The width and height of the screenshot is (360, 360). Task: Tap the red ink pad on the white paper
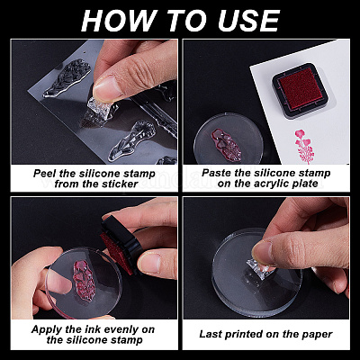[301, 90]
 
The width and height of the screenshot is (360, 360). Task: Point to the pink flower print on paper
[303, 146]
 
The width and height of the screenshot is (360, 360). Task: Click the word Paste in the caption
[214, 173]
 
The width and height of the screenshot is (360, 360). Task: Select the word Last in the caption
[210, 334]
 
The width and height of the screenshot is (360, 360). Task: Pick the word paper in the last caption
[317, 335]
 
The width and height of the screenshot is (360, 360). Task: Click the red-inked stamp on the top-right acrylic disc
[227, 146]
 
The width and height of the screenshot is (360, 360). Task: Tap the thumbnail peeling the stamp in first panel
[105, 88]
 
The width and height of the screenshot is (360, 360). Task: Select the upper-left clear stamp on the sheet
[67, 78]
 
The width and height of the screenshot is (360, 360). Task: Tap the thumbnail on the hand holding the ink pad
[149, 262]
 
